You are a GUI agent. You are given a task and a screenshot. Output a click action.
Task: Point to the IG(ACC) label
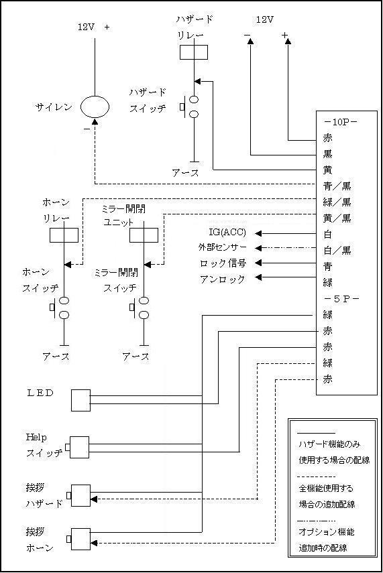(x=227, y=233)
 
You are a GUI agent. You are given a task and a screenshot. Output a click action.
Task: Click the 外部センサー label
(x=223, y=248)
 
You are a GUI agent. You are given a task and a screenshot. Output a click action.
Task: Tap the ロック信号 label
(x=223, y=263)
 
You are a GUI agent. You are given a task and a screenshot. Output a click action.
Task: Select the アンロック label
(x=223, y=279)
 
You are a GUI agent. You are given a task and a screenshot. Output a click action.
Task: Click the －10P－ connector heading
(x=341, y=122)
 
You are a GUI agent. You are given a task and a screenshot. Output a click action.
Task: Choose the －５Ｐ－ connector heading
(x=341, y=299)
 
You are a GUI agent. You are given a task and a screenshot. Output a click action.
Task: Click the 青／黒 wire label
(x=337, y=186)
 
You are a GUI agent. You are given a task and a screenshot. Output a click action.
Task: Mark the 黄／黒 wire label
(x=337, y=218)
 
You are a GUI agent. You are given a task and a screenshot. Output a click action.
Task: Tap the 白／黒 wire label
(x=337, y=251)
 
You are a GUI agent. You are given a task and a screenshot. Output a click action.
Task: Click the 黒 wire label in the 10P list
(x=327, y=154)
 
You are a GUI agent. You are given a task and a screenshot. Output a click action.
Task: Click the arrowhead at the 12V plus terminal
(x=288, y=42)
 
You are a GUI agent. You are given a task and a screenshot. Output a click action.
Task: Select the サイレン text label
(x=54, y=107)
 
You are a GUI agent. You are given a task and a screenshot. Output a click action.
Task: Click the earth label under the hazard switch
(x=186, y=173)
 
